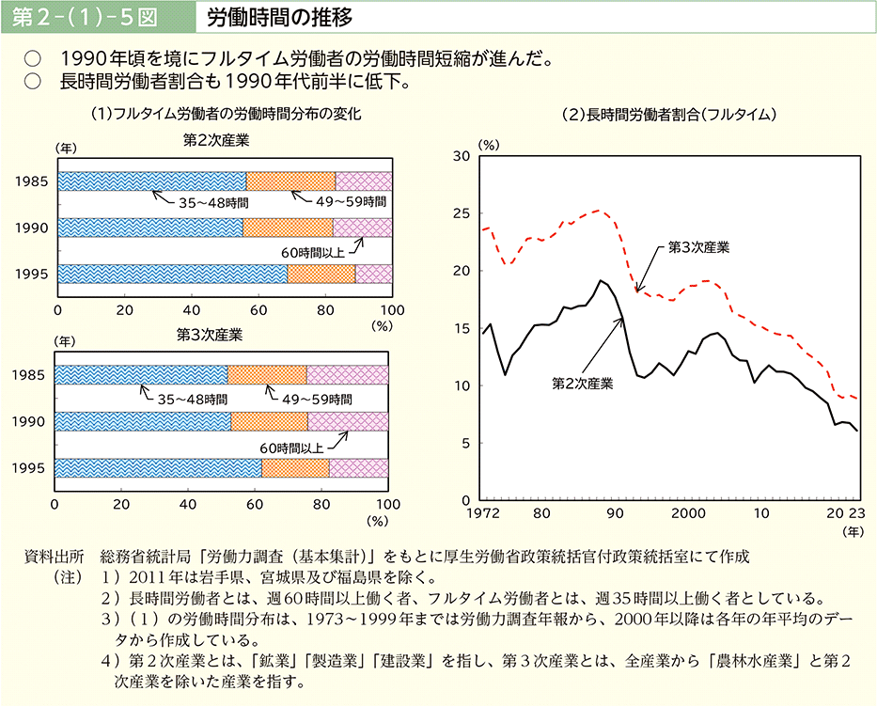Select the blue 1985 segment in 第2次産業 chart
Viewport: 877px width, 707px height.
point(150,181)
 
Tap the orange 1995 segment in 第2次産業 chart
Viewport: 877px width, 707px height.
point(321,274)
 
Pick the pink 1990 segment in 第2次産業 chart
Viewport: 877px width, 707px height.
point(362,228)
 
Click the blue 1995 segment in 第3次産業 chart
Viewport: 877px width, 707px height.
point(158,467)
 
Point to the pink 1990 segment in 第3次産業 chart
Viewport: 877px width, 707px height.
point(348,421)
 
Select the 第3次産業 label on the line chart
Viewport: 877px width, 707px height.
point(698,247)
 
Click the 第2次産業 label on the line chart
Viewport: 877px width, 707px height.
point(582,384)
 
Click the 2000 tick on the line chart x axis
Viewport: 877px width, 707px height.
point(689,514)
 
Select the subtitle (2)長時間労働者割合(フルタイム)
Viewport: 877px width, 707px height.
point(666,115)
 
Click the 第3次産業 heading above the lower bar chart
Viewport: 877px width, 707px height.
point(210,334)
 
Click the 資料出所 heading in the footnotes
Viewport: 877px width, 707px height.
point(54,556)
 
